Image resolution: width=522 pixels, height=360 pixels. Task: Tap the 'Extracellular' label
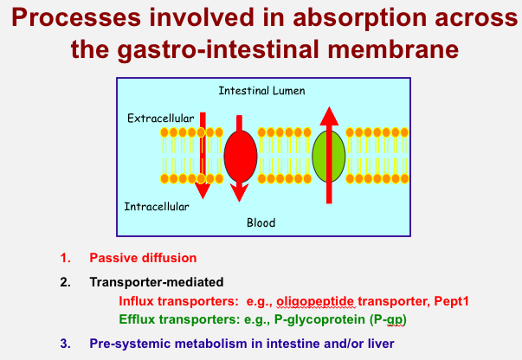click(x=160, y=117)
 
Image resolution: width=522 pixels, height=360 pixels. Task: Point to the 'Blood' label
click(x=261, y=222)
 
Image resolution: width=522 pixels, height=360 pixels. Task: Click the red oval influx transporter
click(x=241, y=156)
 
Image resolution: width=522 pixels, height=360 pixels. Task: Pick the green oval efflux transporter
click(x=329, y=156)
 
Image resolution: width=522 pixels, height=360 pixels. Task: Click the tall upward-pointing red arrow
click(x=328, y=156)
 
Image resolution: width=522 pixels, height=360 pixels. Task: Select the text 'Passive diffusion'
click(x=143, y=258)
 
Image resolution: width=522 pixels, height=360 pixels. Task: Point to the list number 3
click(x=64, y=343)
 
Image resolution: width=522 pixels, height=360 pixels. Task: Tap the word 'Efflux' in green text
click(x=136, y=320)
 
